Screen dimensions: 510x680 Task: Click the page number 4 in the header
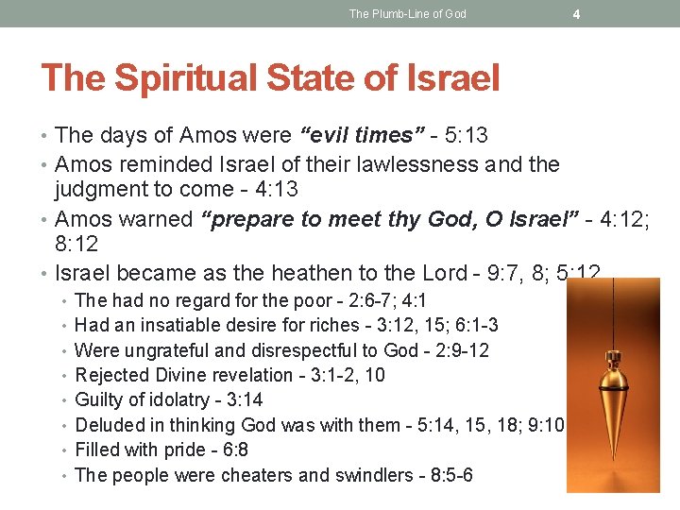[x=576, y=14]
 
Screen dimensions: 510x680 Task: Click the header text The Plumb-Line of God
[x=407, y=14]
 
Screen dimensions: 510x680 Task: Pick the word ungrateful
[x=163, y=350]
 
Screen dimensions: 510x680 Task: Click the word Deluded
[x=108, y=425]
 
